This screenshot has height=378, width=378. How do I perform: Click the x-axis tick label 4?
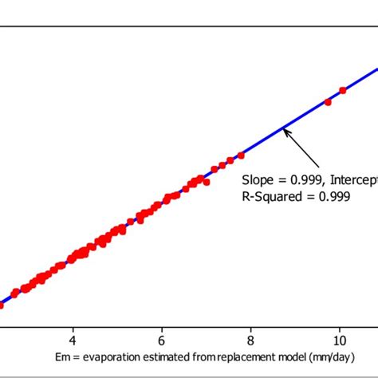click(73, 337)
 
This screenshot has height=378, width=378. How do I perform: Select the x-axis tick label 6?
click(162, 337)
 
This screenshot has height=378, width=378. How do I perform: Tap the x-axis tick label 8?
click(251, 337)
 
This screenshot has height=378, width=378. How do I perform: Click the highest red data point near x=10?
click(343, 90)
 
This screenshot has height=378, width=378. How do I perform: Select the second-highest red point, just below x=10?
click(328, 101)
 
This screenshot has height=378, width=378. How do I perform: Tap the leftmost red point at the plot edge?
click(1, 304)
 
